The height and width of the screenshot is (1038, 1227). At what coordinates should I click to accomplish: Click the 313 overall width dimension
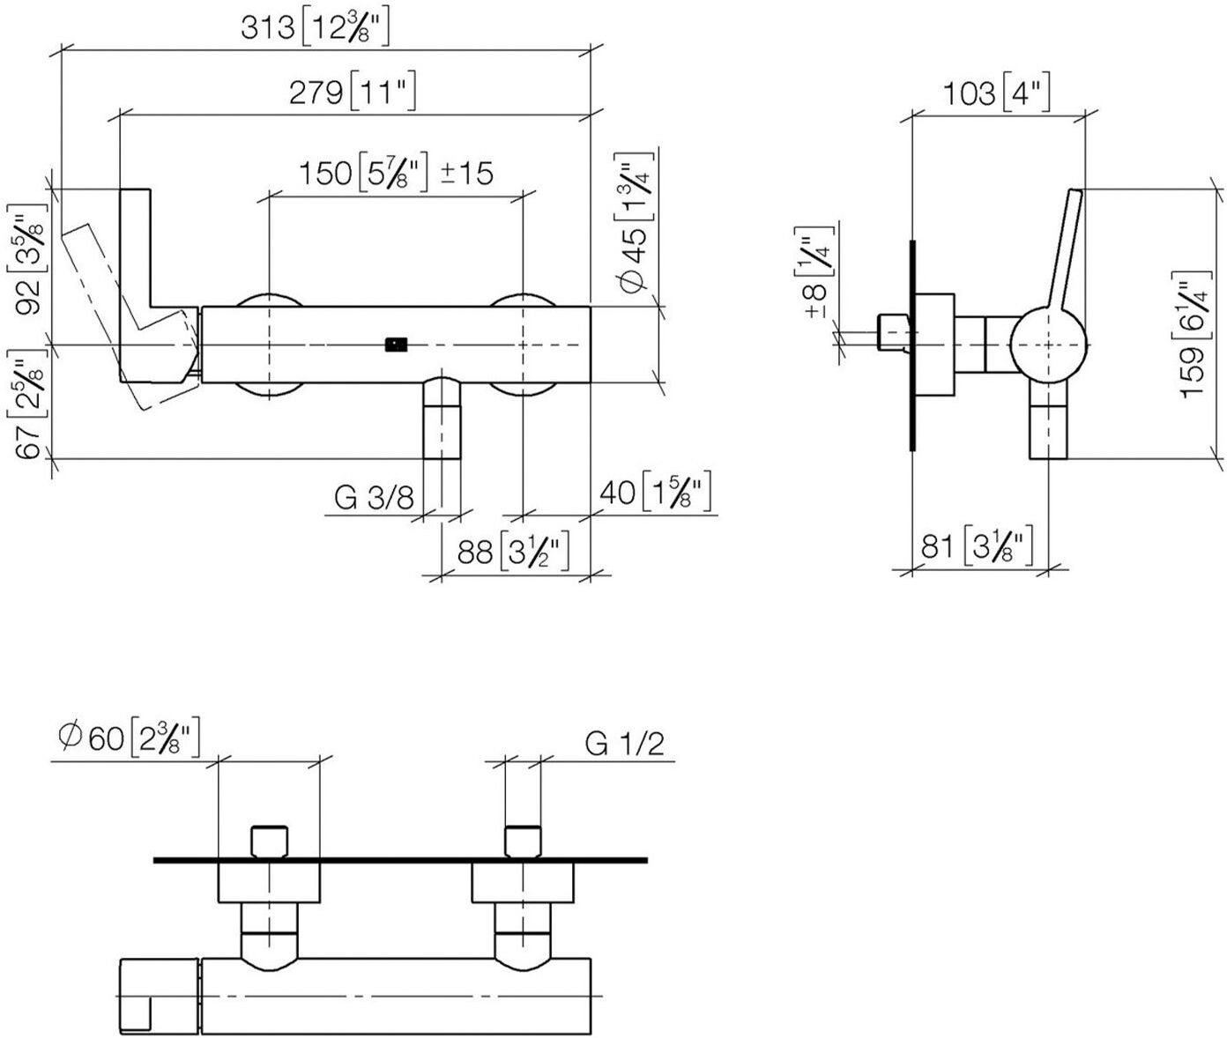(x=316, y=28)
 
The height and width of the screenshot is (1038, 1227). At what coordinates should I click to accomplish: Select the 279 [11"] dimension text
(x=353, y=92)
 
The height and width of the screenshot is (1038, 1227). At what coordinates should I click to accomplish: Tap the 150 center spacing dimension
(x=362, y=174)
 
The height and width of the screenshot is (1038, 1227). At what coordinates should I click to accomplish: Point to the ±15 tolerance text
(x=467, y=174)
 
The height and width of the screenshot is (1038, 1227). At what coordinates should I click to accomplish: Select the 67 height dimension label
(x=26, y=410)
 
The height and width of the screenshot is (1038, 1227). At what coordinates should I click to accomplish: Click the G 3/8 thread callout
(x=374, y=497)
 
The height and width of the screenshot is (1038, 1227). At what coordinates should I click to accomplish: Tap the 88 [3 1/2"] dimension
(x=514, y=552)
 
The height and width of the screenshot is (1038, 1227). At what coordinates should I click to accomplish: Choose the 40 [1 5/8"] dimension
(x=655, y=492)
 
